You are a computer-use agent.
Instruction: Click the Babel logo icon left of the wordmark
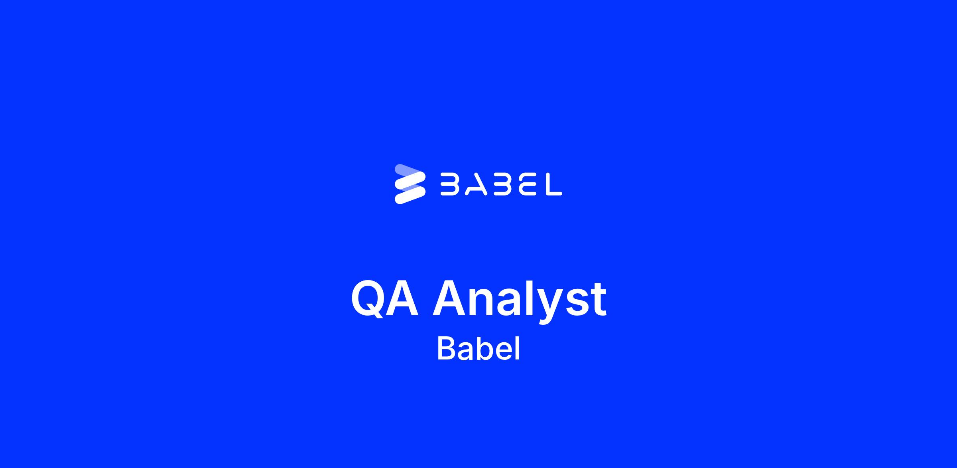click(x=410, y=184)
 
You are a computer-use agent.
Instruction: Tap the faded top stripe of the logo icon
click(x=408, y=171)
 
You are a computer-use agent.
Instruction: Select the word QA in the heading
click(x=385, y=298)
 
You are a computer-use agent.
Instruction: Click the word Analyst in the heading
click(x=520, y=301)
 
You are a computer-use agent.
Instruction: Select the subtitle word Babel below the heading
click(x=478, y=348)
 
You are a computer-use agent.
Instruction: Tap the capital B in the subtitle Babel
click(x=447, y=349)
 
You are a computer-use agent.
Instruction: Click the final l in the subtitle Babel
click(x=518, y=348)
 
